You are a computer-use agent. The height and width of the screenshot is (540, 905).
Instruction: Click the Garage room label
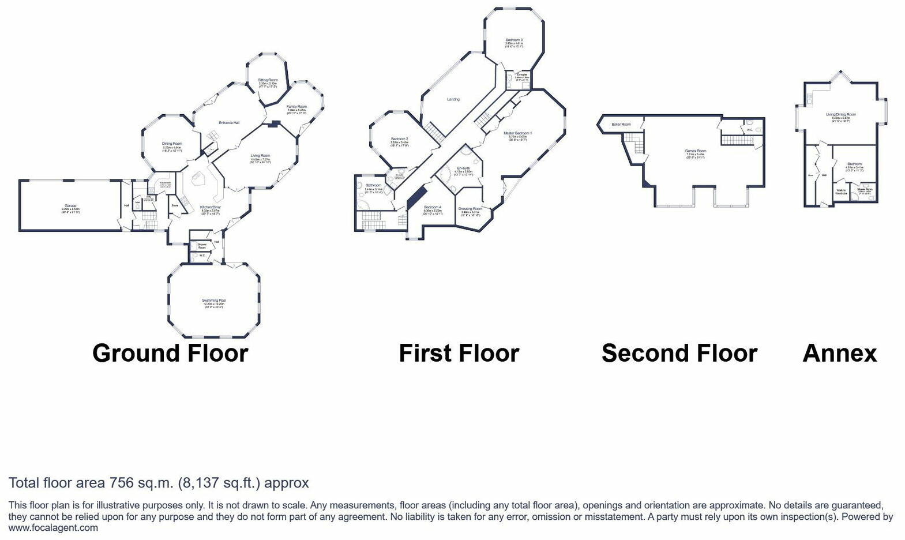tap(70, 206)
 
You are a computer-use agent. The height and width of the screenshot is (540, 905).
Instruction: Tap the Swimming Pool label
tap(213, 301)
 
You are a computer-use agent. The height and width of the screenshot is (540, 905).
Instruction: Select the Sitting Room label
tap(268, 80)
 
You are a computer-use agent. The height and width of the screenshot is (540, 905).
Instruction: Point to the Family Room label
tap(297, 107)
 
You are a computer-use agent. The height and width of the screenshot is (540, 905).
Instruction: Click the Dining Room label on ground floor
tap(172, 144)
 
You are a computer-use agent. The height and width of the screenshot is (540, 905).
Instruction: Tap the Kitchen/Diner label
tap(211, 208)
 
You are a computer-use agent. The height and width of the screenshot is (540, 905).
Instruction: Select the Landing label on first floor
tap(453, 99)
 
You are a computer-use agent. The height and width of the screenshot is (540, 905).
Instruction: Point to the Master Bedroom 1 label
tap(517, 133)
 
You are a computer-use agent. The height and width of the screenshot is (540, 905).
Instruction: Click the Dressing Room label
tap(470, 209)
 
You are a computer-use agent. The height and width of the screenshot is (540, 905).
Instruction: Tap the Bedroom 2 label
tap(399, 139)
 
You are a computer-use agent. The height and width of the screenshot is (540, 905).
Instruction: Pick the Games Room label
tap(696, 151)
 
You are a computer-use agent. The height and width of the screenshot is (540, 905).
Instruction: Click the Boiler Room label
tap(621, 124)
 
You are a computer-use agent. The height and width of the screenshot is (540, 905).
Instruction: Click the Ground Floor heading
tap(170, 353)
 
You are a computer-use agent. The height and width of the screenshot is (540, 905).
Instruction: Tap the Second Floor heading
tap(679, 353)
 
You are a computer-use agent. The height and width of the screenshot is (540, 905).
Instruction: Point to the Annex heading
tap(839, 353)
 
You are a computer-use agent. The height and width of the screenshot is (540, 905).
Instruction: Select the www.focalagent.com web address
tap(53, 527)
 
